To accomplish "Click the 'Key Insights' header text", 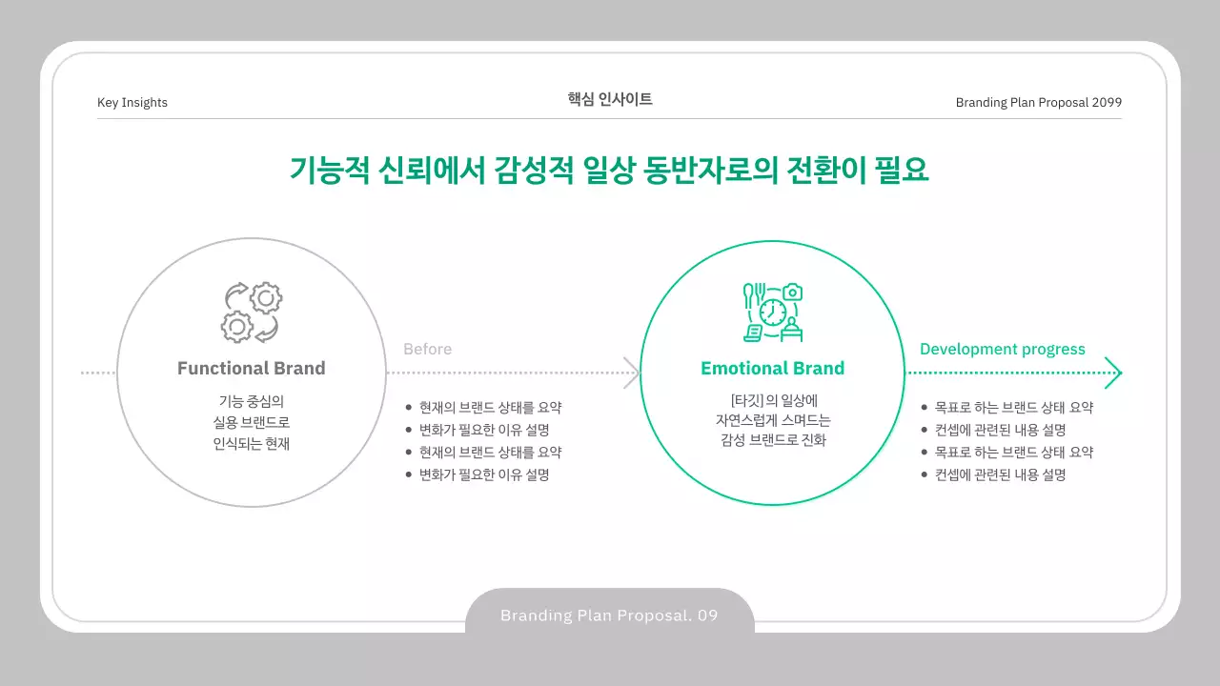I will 132,103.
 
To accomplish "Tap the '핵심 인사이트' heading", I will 610,99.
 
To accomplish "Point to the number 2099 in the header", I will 1107,103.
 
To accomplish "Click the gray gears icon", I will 251,312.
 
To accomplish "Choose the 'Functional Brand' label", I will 251,369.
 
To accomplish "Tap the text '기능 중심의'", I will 251,400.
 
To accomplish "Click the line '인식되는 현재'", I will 251,443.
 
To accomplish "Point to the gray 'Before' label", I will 427,350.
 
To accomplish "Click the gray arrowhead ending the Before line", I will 632,373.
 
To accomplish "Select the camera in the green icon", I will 792,293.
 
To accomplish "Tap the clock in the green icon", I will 773,313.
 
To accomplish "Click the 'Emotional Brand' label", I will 772,369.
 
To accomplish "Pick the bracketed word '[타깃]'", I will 745,400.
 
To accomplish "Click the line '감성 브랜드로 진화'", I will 773,440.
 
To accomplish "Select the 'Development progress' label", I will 1002,350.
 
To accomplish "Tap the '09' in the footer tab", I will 707,615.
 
